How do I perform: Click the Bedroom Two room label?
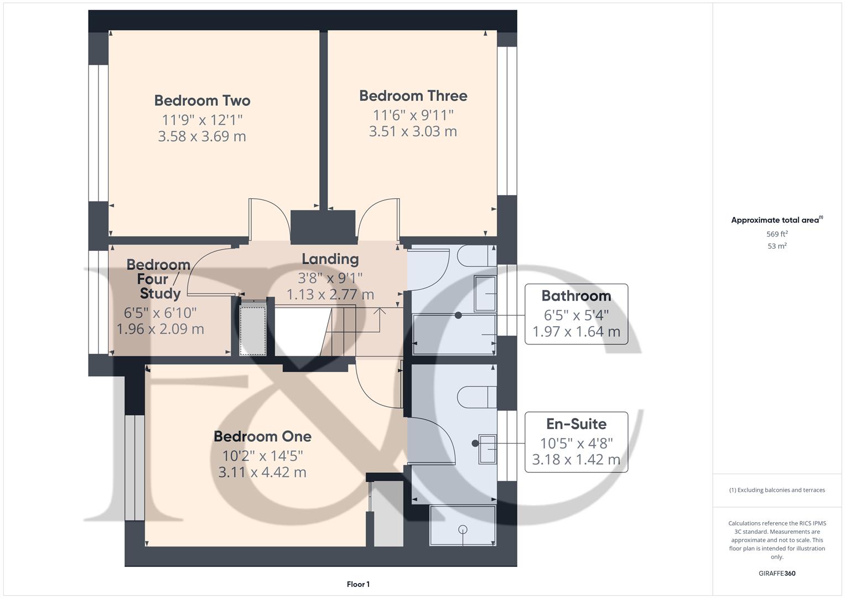coord(202,101)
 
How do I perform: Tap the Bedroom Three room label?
coord(413,96)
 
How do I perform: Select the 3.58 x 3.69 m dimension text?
coord(202,136)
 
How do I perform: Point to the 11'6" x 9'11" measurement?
coord(413,115)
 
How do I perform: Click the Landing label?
coord(330,259)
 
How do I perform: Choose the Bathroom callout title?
coord(576,296)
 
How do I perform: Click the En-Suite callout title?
coord(576,424)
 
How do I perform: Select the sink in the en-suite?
coord(488,448)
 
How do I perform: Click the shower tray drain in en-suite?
coord(463,530)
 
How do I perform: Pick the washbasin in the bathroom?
coord(485,293)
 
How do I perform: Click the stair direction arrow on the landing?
coord(380,313)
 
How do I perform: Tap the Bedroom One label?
coord(262,436)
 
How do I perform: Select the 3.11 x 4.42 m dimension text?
coord(262,472)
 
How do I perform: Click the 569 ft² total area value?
coord(776,234)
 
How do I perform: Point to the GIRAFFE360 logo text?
coord(776,573)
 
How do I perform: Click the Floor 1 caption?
coord(358,584)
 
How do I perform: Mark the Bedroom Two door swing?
coord(268,219)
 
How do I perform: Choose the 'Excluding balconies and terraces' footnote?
coord(776,490)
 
